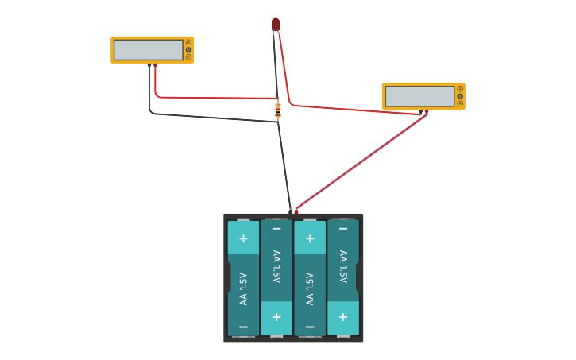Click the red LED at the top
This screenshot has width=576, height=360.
pyautogui.click(x=275, y=25)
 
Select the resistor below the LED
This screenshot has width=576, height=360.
pyautogui.click(x=277, y=110)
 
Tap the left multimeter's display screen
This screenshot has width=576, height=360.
pyautogui.click(x=149, y=50)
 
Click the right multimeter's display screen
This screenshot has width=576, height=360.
pyautogui.click(x=419, y=96)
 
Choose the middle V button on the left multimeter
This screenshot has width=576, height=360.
pyautogui.click(x=188, y=50)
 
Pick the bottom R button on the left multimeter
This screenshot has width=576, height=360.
pyautogui.click(x=188, y=57)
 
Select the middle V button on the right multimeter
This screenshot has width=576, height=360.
pyautogui.click(x=459, y=96)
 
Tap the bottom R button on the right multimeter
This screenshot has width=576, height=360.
pyautogui.click(x=459, y=103)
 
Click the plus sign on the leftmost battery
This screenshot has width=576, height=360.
pyautogui.click(x=243, y=238)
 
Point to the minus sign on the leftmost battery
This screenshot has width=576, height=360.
pyautogui.click(x=243, y=327)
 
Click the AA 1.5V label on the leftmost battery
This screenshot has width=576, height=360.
pyautogui.click(x=243, y=288)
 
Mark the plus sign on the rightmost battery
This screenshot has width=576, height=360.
pyautogui.click(x=342, y=316)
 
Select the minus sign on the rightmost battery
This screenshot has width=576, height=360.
pyautogui.click(x=342, y=229)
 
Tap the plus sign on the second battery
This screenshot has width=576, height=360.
pyautogui.click(x=276, y=316)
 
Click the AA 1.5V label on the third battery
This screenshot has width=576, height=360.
pyautogui.click(x=310, y=288)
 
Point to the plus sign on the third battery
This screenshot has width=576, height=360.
pyautogui.click(x=310, y=238)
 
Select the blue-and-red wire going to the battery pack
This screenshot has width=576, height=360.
pyautogui.click(x=361, y=161)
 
